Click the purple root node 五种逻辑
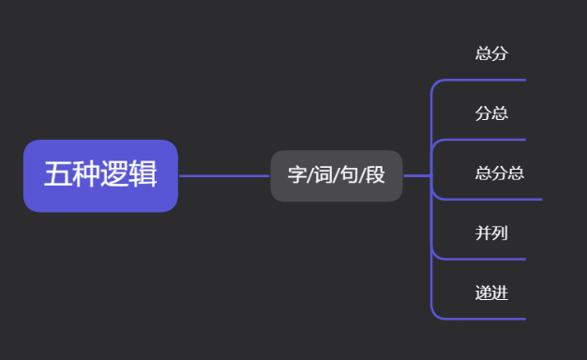(x=100, y=175)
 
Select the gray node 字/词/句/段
(x=336, y=175)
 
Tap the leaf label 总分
(x=491, y=53)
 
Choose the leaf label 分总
(x=491, y=113)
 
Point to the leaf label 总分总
(x=499, y=172)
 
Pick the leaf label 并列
(x=491, y=232)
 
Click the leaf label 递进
(x=491, y=292)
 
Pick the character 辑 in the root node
(x=143, y=174)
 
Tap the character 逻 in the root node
(x=114, y=174)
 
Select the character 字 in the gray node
(x=297, y=175)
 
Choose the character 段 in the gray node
(x=375, y=175)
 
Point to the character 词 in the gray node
(x=324, y=175)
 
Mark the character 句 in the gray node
(x=349, y=175)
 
